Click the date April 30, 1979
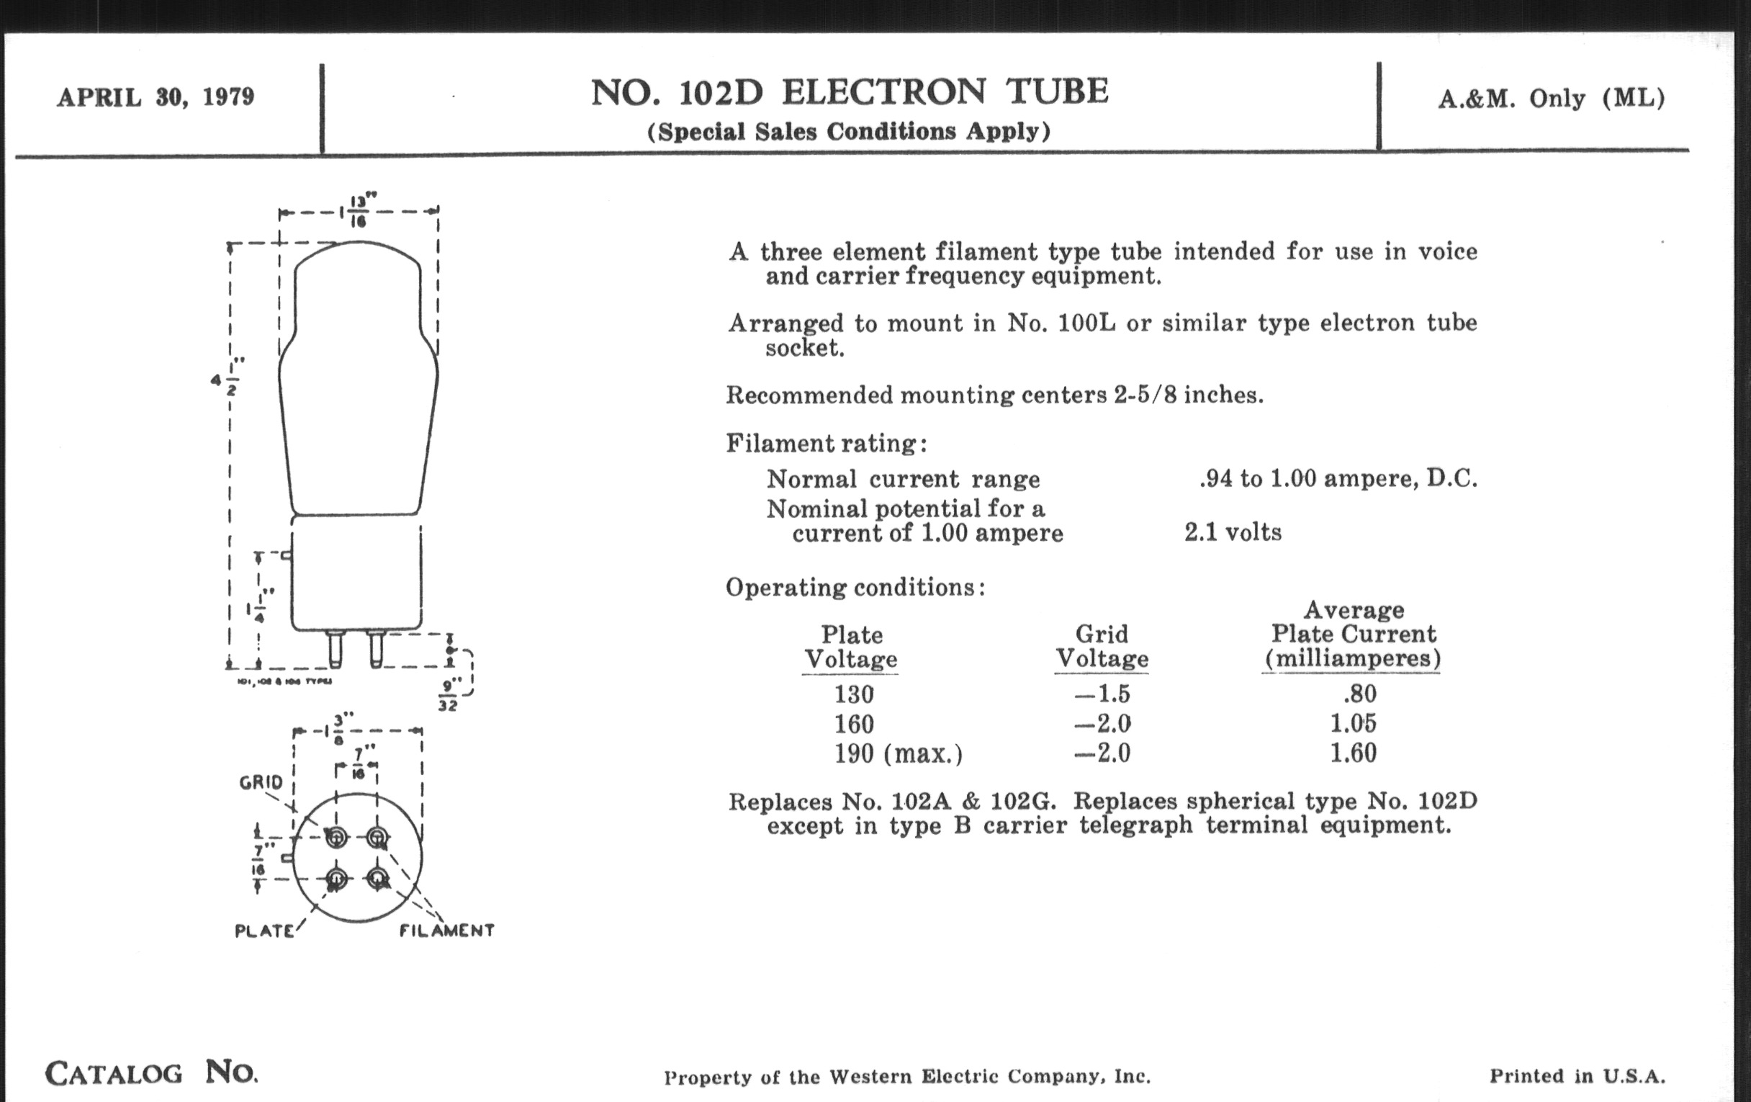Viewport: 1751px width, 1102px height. coord(156,97)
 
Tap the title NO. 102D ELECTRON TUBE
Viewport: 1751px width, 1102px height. coord(849,92)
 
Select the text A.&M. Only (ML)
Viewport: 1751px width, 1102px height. coord(1551,98)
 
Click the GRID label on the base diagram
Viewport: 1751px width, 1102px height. coord(261,783)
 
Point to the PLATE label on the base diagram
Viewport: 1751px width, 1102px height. coord(265,931)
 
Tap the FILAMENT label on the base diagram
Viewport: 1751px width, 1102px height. coord(446,931)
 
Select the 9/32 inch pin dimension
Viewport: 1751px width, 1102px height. coord(449,695)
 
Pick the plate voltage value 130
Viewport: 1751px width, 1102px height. coord(853,694)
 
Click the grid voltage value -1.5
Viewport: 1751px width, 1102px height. coord(1102,694)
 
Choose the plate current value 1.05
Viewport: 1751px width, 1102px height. coord(1354,724)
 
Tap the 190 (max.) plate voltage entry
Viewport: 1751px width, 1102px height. coord(898,753)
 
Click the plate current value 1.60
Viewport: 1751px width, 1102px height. coord(1354,753)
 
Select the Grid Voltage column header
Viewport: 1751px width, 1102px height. coord(1102,646)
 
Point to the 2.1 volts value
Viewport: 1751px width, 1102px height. coord(1233,532)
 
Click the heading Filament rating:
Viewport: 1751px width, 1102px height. coord(826,443)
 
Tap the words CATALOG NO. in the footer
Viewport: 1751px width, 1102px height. coord(151,1073)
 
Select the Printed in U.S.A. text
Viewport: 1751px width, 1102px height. coord(1577,1077)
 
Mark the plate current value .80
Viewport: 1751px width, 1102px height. coord(1359,694)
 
